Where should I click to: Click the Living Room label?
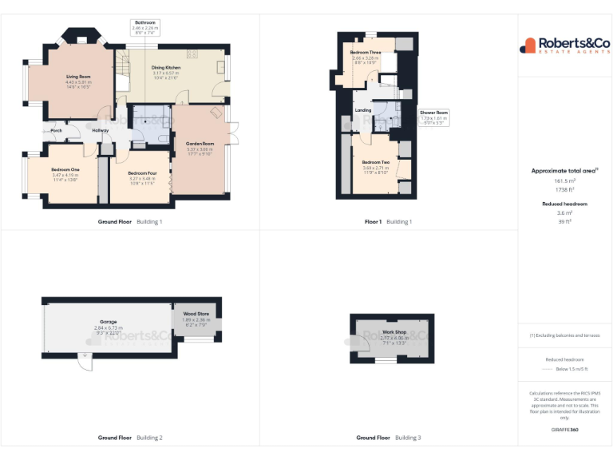point(78,77)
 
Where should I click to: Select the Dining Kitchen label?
point(166,68)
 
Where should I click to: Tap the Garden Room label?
point(200,144)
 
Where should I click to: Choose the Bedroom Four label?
point(142,172)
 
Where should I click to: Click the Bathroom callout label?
point(145,22)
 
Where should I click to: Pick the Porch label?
point(57,130)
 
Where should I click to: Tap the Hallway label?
point(101,130)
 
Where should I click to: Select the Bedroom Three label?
point(366,53)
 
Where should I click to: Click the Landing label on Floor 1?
point(363,110)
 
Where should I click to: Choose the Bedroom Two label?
point(376,162)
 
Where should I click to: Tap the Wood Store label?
point(196,314)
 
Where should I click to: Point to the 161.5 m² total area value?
point(565,181)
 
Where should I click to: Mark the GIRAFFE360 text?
point(565,430)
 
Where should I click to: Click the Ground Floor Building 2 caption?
point(130,438)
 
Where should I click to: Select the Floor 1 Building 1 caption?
point(388,221)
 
